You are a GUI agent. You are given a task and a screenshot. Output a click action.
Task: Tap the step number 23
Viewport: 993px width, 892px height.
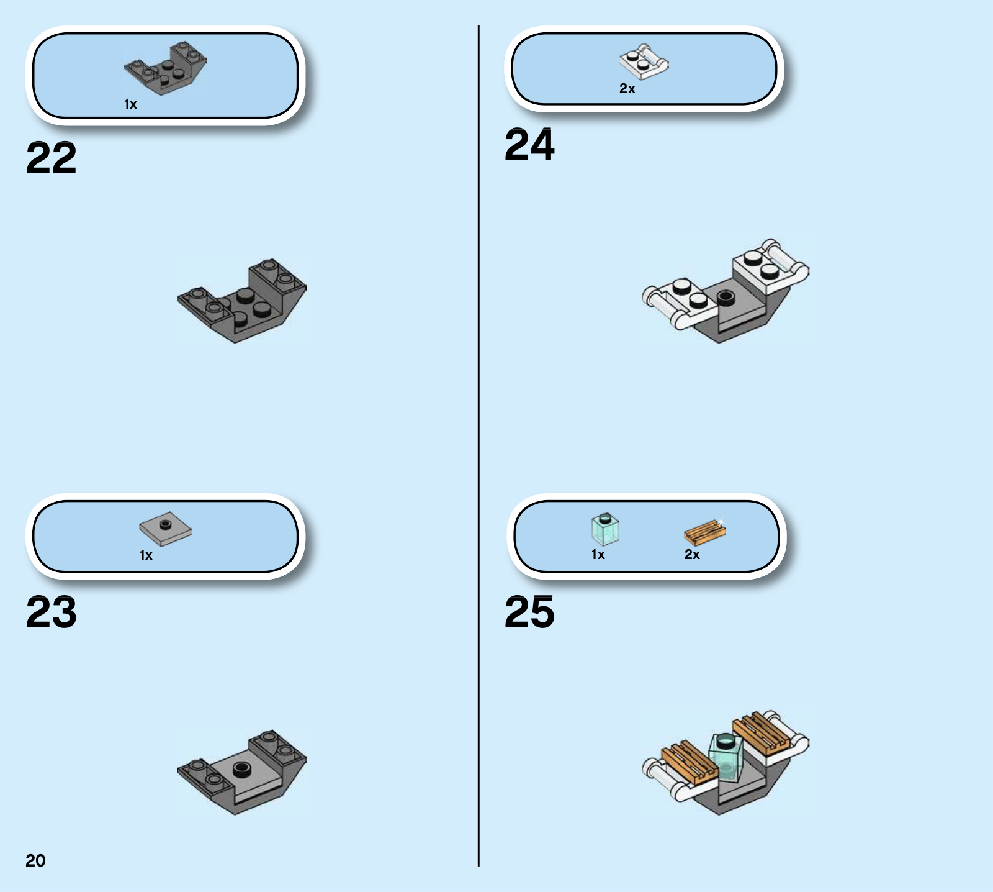coord(52,612)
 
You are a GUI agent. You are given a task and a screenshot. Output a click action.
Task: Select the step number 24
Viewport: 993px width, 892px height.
coord(529,145)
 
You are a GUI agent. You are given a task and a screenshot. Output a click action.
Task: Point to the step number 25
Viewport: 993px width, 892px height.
coord(529,612)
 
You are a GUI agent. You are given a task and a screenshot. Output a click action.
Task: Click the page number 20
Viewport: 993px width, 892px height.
coord(35,860)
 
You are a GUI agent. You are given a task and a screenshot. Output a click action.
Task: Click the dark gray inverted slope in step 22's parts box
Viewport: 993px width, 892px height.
coord(166,68)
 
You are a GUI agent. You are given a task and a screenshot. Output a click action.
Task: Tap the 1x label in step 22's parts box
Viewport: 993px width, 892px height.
coord(130,104)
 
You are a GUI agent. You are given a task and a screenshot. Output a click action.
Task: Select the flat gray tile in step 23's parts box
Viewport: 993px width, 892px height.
coord(165,530)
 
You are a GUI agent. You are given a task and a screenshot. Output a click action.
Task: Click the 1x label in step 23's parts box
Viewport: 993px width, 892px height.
coord(146,555)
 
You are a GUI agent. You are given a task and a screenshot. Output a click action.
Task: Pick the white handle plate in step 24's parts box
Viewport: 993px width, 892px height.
coord(644,61)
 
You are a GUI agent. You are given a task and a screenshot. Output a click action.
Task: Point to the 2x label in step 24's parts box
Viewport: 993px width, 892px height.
coord(627,89)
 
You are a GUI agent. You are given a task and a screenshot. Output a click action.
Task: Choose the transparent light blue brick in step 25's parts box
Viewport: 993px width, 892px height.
coord(605,529)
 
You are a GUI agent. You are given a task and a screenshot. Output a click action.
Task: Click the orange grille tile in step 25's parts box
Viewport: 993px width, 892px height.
coord(705,532)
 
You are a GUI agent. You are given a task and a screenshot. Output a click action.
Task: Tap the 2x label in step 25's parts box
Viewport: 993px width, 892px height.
coord(692,555)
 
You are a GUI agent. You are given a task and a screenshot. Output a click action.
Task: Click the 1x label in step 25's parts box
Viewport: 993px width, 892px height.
coord(598,555)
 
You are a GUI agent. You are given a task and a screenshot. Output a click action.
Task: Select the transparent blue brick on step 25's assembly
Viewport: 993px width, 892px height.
coord(726,758)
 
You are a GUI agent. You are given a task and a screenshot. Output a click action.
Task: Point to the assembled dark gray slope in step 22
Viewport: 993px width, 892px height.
coord(242,301)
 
